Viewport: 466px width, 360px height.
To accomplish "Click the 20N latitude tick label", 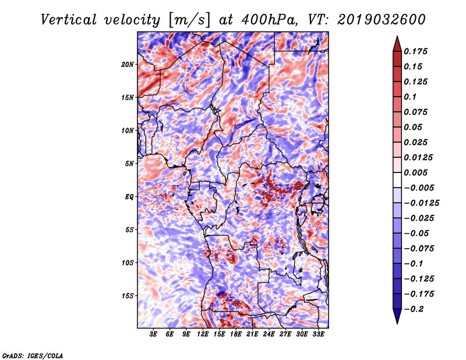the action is point(128,65).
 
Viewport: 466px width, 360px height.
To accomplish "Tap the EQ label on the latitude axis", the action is point(129,197).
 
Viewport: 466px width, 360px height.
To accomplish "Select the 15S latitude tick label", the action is point(128,296).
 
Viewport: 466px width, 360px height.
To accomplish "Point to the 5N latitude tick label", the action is point(129,164).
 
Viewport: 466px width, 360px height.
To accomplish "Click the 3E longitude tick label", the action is point(153,334).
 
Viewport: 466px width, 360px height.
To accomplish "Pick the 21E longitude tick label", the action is point(252,334).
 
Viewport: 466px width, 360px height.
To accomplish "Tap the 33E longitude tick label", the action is point(318,334).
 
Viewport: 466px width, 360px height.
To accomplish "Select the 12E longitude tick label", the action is point(202,334).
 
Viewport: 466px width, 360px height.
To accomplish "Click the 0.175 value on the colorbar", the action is point(415,51).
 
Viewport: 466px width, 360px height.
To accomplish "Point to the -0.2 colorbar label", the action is point(414,309).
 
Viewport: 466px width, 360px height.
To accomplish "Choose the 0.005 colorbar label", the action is point(415,172).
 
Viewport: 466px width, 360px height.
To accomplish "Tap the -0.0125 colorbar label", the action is point(421,203).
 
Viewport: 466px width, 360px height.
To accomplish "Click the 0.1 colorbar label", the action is point(410,97).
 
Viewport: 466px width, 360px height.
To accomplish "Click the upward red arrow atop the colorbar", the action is point(397,44).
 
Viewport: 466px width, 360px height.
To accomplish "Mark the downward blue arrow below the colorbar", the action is point(397,316).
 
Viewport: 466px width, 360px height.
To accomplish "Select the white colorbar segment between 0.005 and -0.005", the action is point(397,180).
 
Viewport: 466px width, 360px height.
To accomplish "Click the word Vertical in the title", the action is point(69,20).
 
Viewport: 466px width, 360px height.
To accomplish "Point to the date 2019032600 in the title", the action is point(382,20).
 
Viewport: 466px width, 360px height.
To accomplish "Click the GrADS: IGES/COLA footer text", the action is point(33,356).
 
